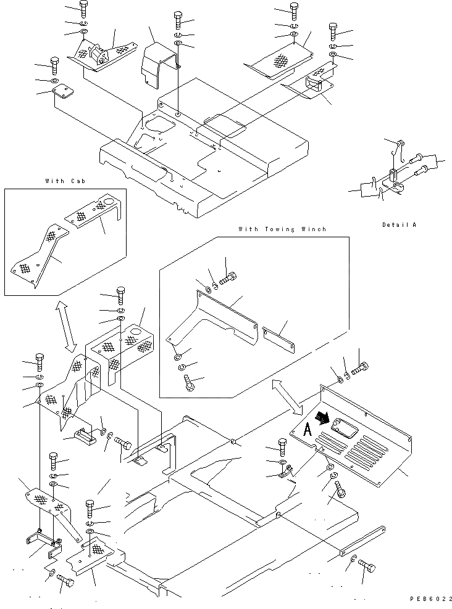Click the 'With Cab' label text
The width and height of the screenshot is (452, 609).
tap(64, 181)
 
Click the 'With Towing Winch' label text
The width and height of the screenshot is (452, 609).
tap(282, 229)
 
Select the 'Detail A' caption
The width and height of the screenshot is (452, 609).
tap(398, 224)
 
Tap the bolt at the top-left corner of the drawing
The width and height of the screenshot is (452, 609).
tap(83, 8)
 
